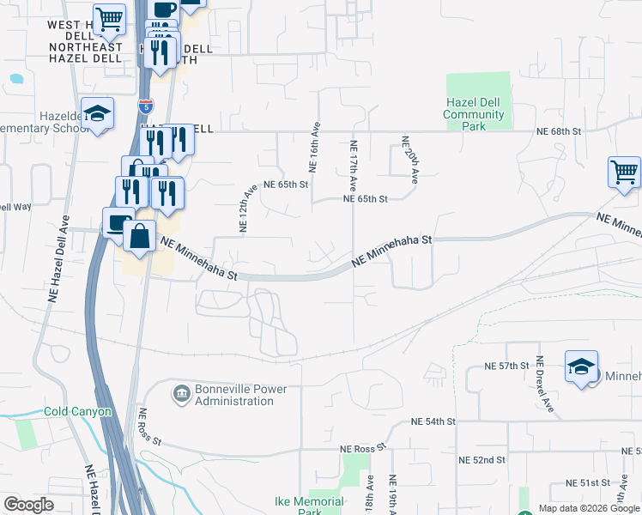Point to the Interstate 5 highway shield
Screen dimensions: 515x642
click(x=146, y=106)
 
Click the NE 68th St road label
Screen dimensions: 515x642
click(x=559, y=131)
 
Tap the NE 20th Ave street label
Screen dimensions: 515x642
click(x=412, y=160)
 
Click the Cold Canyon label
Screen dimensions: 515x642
click(x=78, y=412)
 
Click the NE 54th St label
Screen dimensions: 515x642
click(x=432, y=422)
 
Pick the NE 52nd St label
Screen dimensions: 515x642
click(x=481, y=460)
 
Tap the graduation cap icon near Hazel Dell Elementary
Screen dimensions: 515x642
click(x=97, y=114)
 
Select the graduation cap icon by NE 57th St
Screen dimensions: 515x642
click(x=581, y=367)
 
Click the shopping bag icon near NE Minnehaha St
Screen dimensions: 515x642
click(x=140, y=234)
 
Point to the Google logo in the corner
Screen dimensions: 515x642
click(x=28, y=505)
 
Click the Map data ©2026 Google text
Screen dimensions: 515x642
click(x=588, y=508)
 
